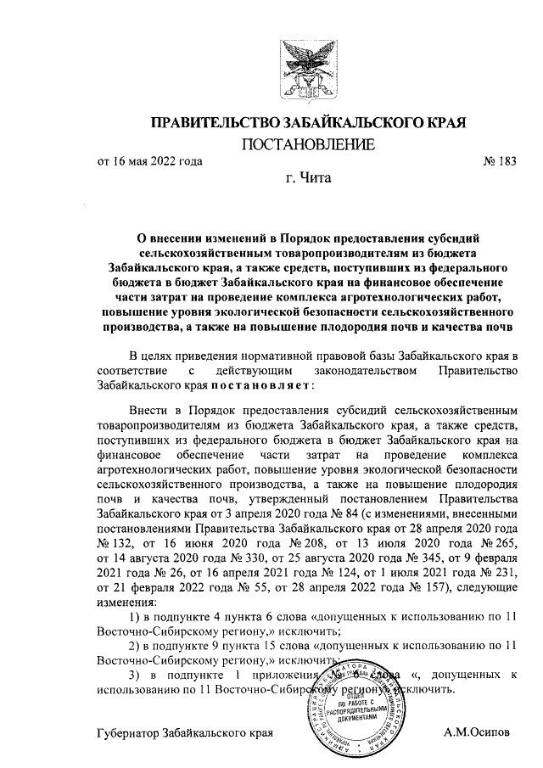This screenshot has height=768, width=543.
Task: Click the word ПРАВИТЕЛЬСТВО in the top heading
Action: (210, 123)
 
